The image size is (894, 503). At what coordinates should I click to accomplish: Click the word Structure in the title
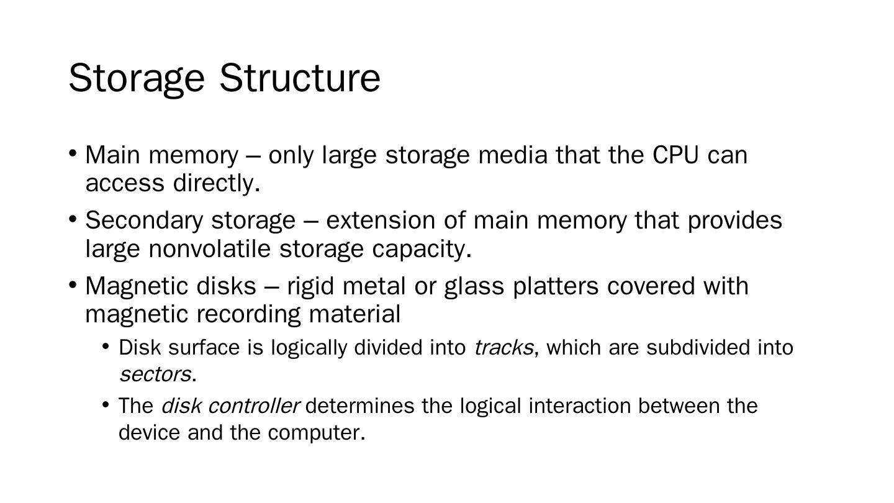(x=300, y=78)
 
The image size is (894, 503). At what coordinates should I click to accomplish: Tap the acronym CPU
(x=675, y=155)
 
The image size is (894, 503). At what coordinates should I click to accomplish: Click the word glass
(x=476, y=287)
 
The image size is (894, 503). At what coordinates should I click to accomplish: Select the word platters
(x=556, y=286)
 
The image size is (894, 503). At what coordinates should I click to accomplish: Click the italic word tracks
(x=503, y=348)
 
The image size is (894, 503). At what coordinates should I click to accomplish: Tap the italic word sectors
(x=155, y=374)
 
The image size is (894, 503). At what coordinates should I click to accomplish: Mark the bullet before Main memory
(x=73, y=153)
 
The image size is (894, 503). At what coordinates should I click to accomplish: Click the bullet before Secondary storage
(x=73, y=219)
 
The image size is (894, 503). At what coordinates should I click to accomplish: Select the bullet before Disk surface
(x=106, y=346)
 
